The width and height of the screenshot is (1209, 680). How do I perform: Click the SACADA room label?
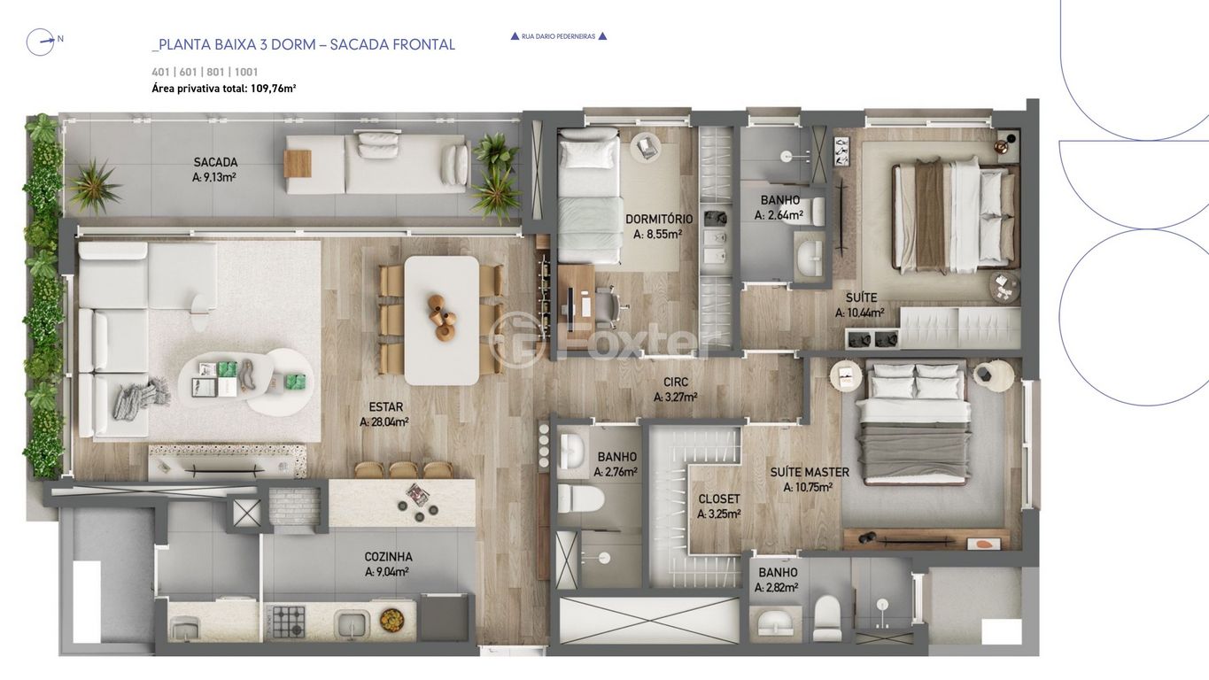[215, 162]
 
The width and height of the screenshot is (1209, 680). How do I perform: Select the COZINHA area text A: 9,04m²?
[386, 571]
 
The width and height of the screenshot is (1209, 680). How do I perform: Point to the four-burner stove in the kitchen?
[288, 622]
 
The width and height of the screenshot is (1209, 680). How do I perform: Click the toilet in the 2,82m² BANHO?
[826, 618]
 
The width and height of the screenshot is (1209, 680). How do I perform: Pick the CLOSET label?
[719, 499]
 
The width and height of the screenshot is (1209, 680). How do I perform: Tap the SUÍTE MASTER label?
[810, 472]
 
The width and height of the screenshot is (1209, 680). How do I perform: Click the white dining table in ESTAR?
[441, 320]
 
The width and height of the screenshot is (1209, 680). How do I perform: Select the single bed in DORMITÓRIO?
[588, 196]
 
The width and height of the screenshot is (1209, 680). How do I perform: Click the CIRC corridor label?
[676, 382]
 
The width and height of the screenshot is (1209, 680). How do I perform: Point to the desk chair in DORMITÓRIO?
[610, 305]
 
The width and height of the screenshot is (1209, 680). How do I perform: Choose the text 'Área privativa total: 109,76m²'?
[224, 89]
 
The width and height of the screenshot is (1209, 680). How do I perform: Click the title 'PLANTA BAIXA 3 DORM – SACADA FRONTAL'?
[304, 45]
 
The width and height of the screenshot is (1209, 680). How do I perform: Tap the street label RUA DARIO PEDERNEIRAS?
[559, 36]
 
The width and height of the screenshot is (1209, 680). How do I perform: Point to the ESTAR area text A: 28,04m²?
[384, 421]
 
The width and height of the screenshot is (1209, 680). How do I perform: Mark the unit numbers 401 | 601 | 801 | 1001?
[205, 72]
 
